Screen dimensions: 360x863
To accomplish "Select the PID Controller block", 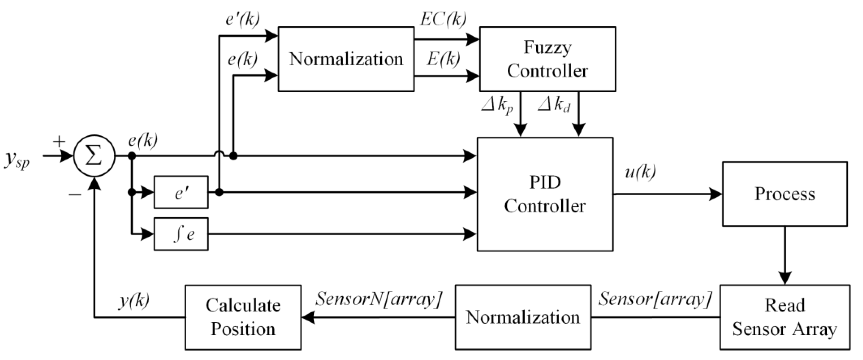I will pos(545,194).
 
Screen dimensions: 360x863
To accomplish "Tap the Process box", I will pos(785,194).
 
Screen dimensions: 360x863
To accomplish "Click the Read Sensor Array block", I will pos(785,317).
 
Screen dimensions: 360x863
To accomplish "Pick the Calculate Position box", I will pos(243,317).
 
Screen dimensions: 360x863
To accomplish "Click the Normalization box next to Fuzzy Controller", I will pos(346,59).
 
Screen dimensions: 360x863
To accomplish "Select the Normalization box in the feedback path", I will pos(523,317).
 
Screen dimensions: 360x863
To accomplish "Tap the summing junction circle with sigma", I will pos(94,156).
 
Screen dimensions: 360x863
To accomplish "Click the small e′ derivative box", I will pos(181,192).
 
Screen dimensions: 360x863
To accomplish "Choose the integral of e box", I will pos(181,234).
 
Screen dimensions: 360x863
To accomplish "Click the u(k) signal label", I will pos(640,172).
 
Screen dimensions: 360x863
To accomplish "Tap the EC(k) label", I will pos(443,19).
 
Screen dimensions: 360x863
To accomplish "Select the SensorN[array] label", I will pos(379,298).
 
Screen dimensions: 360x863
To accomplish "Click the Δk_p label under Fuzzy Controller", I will pos(497,106).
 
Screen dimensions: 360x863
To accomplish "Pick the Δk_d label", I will pos(554,106).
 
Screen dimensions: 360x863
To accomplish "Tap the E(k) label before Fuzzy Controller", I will pos(443,60).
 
